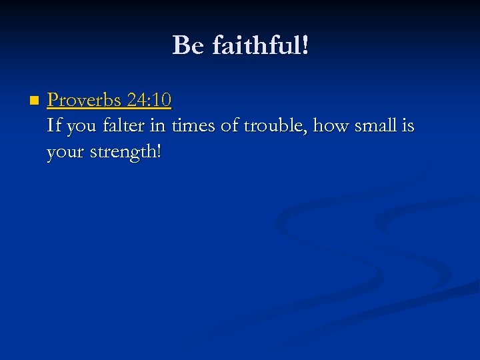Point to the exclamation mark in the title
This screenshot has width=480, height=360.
pyautogui.click(x=305, y=46)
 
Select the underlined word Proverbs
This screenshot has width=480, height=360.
pyautogui.click(x=84, y=101)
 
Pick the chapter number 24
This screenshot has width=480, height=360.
pyautogui.click(x=137, y=101)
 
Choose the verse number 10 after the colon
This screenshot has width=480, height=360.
pyautogui.click(x=162, y=101)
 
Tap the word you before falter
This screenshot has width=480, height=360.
pyautogui.click(x=81, y=127)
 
